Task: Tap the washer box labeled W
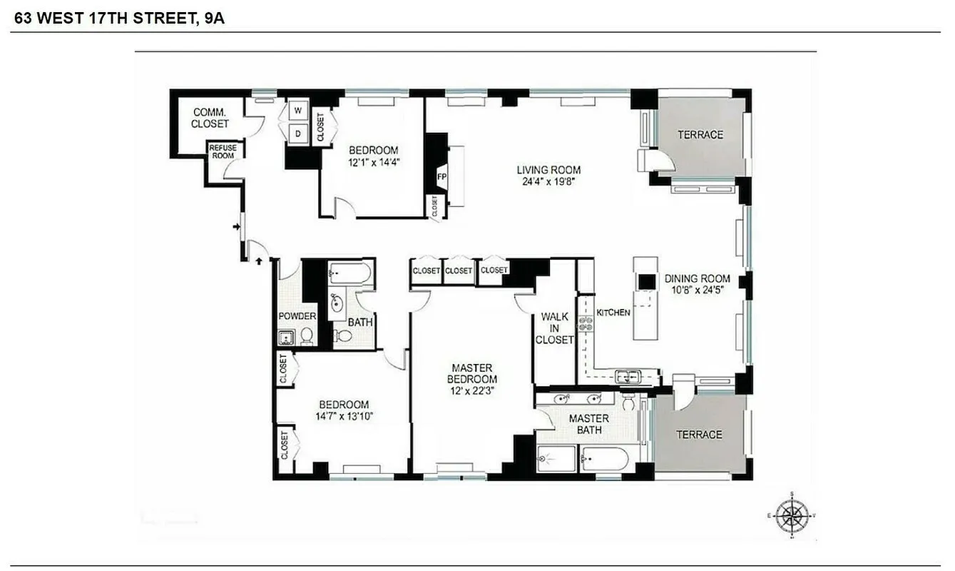(x=298, y=111)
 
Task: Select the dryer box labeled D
(x=298, y=133)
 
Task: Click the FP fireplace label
(x=441, y=176)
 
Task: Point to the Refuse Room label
(x=222, y=151)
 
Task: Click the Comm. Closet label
(x=211, y=118)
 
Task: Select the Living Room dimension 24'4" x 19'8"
(x=548, y=181)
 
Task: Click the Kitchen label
(x=613, y=313)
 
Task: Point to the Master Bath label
(x=589, y=424)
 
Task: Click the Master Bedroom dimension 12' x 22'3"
(x=473, y=390)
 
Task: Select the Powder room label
(x=297, y=316)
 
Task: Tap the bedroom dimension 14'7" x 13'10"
(x=344, y=416)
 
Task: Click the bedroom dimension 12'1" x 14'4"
(x=373, y=162)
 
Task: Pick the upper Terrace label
(x=700, y=135)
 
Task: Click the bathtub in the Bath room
(x=349, y=273)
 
